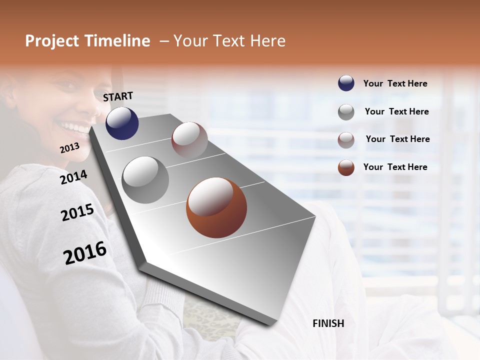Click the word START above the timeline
(118, 96)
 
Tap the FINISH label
(328, 323)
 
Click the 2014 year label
(73, 177)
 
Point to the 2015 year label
(77, 212)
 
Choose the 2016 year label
(85, 253)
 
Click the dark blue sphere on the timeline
(122, 123)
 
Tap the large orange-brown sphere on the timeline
(216, 207)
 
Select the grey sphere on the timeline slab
(145, 179)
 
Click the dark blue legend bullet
(346, 83)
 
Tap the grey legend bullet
(346, 112)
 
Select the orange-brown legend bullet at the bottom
(346, 167)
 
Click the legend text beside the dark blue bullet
(395, 83)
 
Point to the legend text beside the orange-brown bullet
(395, 167)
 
